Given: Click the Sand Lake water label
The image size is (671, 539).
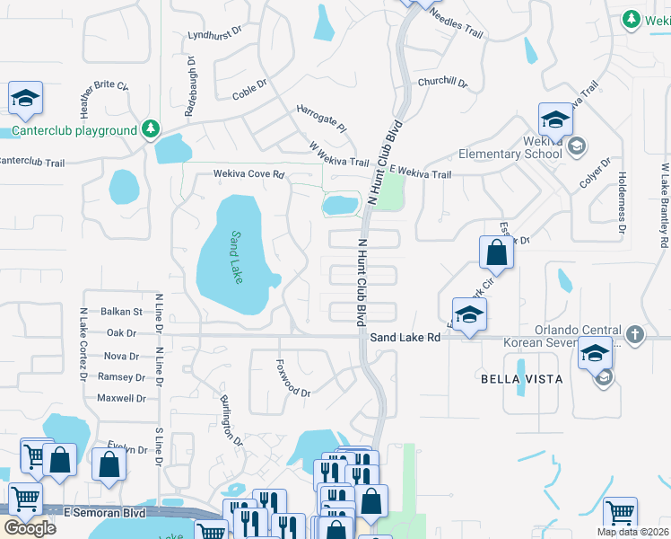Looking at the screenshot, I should click(x=236, y=258).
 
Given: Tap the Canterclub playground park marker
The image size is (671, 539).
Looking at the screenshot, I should click(x=151, y=130).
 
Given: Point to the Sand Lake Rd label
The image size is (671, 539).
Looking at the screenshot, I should click(x=405, y=337).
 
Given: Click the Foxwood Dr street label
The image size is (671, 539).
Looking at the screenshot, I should click(x=292, y=393).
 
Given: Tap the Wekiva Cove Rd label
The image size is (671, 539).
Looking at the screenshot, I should click(x=248, y=174).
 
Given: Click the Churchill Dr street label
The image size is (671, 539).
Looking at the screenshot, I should click(x=442, y=82).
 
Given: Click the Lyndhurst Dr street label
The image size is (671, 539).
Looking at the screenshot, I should click(x=215, y=34).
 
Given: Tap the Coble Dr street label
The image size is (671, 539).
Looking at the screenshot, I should click(x=250, y=93).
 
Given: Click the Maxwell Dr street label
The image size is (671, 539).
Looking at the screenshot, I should click(x=121, y=398).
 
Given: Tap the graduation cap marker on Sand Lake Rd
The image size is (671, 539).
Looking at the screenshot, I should click(x=469, y=315).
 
